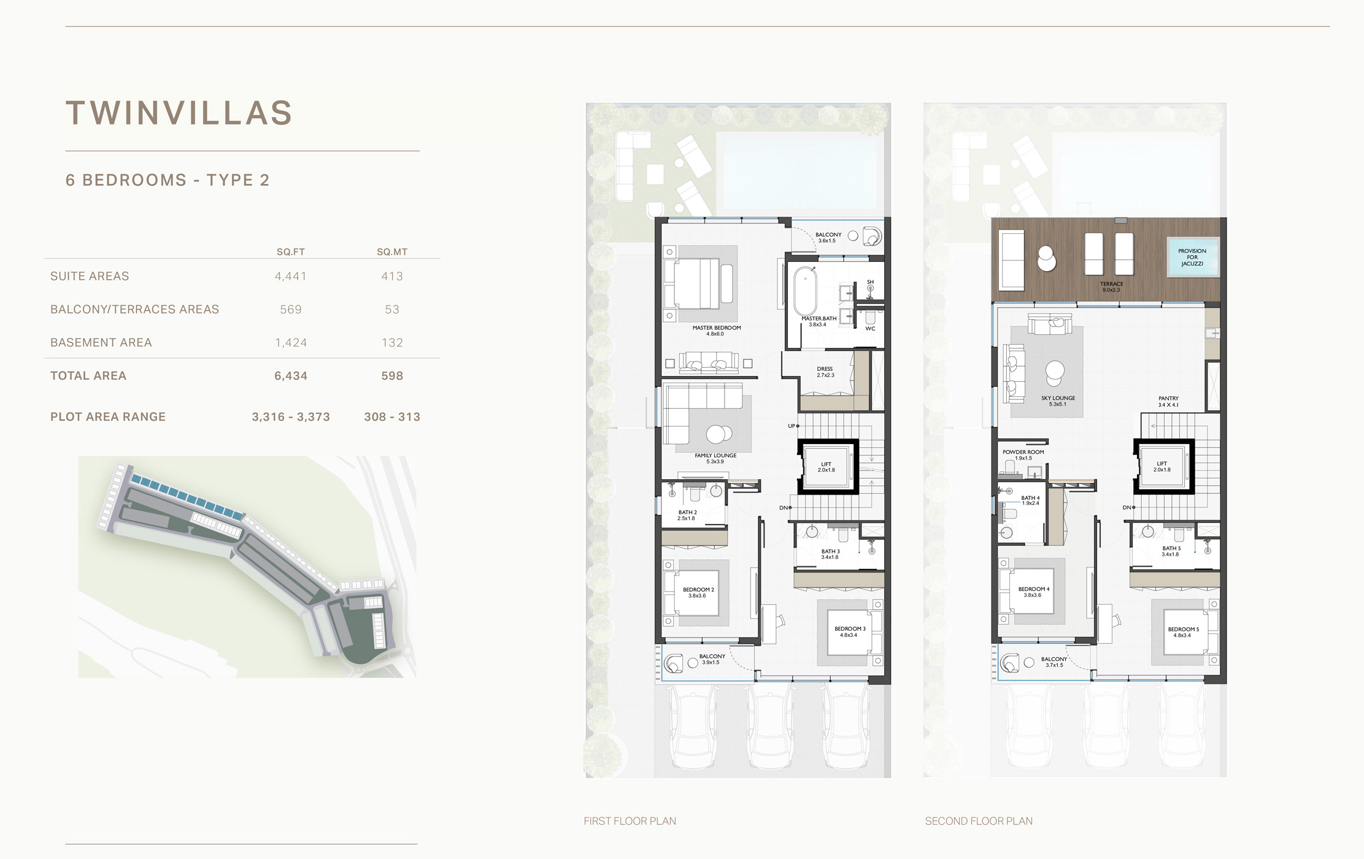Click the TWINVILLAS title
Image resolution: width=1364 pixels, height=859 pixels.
179,114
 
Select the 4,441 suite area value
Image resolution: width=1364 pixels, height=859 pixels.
291,276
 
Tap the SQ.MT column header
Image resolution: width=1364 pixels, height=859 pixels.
392,252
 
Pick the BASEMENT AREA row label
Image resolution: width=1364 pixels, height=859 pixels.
101,342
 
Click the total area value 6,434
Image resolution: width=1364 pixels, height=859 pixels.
291,376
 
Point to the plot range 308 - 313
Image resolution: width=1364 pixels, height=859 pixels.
392,417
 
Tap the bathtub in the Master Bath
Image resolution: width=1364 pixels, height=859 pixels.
805,291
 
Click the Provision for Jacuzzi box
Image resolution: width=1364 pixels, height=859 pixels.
1192,258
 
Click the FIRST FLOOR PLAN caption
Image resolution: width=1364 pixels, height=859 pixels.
630,821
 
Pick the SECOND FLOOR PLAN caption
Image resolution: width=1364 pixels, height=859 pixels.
979,821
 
